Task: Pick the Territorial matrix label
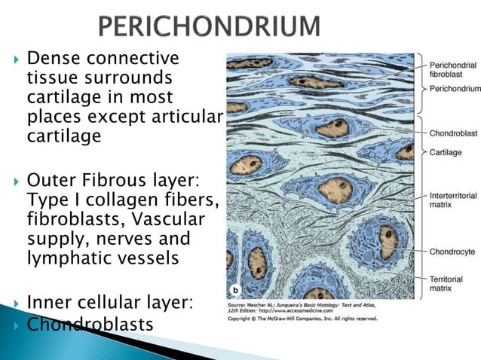coord(446,283)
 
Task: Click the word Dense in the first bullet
coord(54,59)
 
